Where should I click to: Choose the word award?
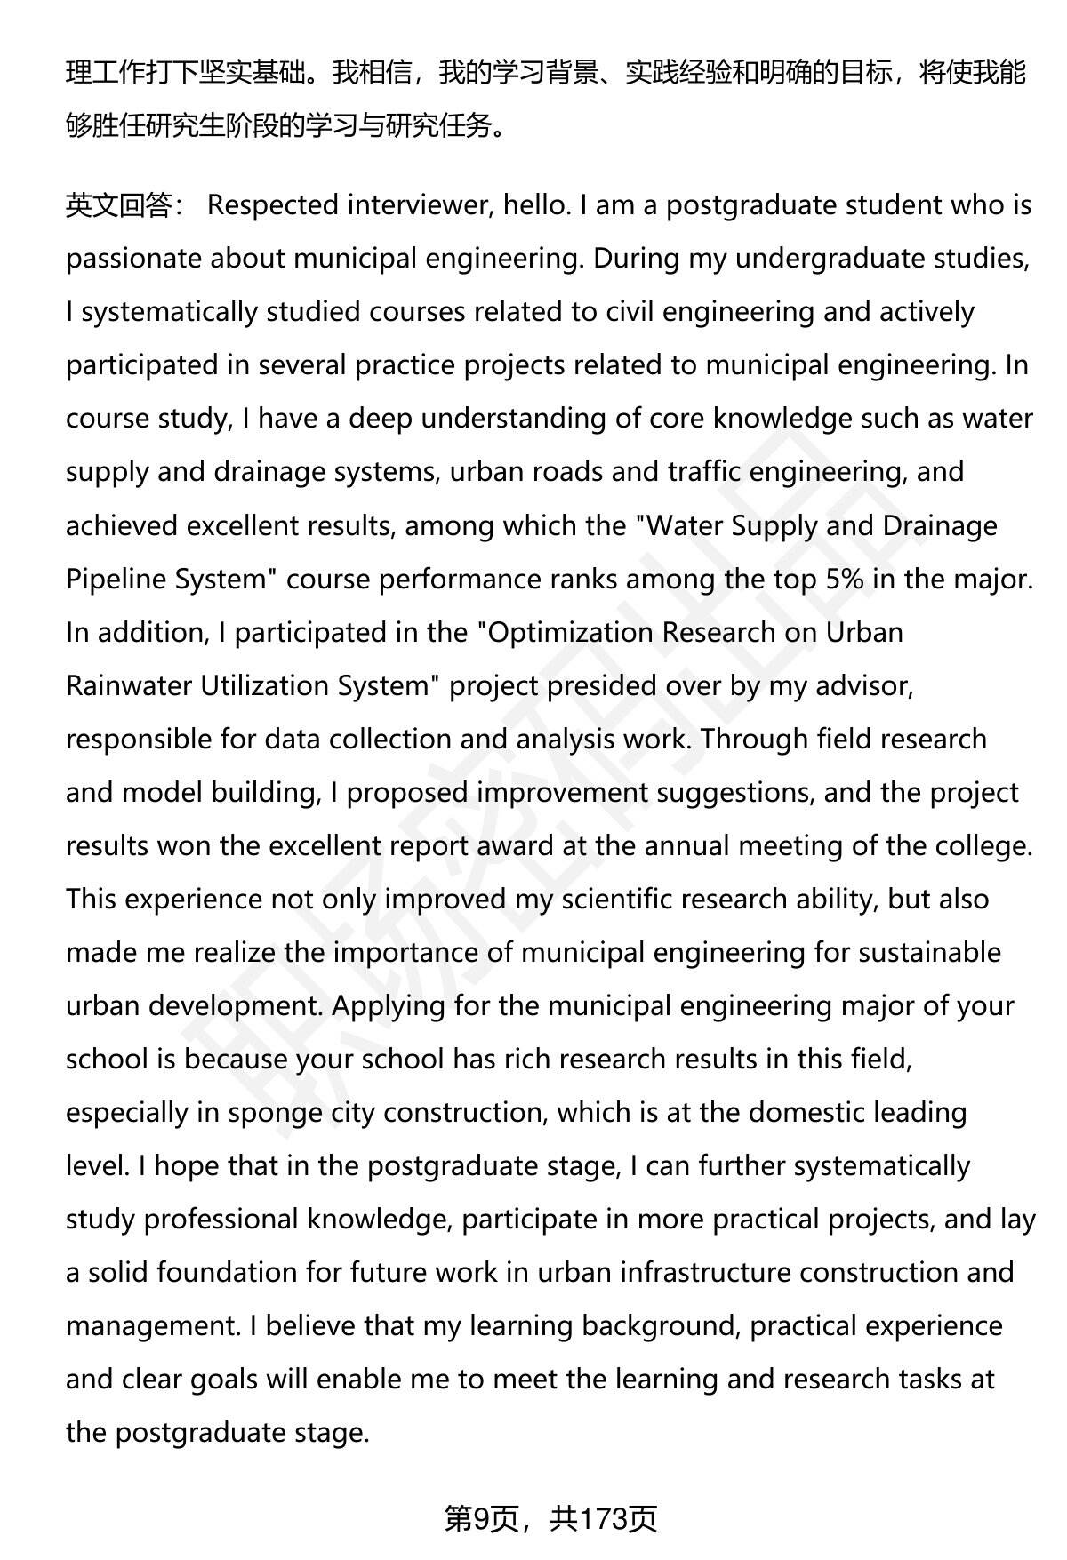(x=515, y=845)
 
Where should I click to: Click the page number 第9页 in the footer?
(x=481, y=1519)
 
